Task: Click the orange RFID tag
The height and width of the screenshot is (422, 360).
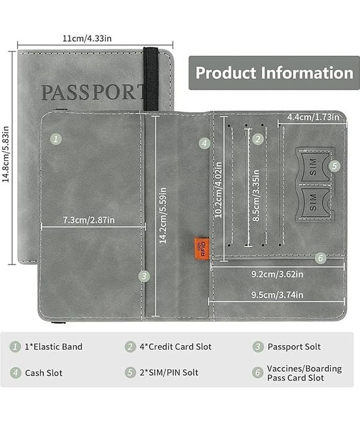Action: [202, 248]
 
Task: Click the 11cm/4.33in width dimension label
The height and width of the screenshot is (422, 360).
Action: [87, 39]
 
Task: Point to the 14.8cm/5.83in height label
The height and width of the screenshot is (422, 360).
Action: [6, 154]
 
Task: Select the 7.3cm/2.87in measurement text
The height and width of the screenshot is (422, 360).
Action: [89, 220]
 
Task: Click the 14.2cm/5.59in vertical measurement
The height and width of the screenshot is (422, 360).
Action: [163, 216]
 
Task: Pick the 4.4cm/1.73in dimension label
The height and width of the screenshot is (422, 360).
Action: [313, 117]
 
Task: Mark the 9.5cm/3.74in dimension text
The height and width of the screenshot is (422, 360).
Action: [277, 295]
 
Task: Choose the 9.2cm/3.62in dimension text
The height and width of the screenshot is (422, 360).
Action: [277, 274]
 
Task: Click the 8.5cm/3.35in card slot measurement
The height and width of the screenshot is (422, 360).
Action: [256, 195]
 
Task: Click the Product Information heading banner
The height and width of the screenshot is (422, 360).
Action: [274, 73]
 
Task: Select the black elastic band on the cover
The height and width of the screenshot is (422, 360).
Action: [151, 79]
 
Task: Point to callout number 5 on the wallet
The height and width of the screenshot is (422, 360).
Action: [335, 166]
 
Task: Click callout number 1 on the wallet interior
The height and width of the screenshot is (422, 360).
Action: [56, 139]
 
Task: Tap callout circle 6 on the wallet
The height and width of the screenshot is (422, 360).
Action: [321, 258]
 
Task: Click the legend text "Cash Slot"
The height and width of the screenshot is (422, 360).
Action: [44, 373]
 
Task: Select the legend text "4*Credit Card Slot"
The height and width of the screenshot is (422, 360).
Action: [176, 347]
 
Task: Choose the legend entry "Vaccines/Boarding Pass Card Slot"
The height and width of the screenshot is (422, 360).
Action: [304, 373]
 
